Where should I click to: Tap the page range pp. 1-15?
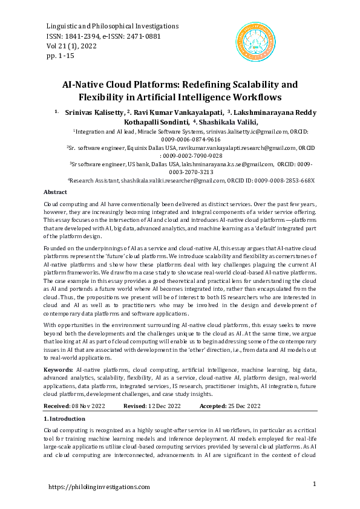(x=61, y=56)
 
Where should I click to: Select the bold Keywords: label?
(x=59, y=369)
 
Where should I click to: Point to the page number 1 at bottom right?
(x=315, y=484)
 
